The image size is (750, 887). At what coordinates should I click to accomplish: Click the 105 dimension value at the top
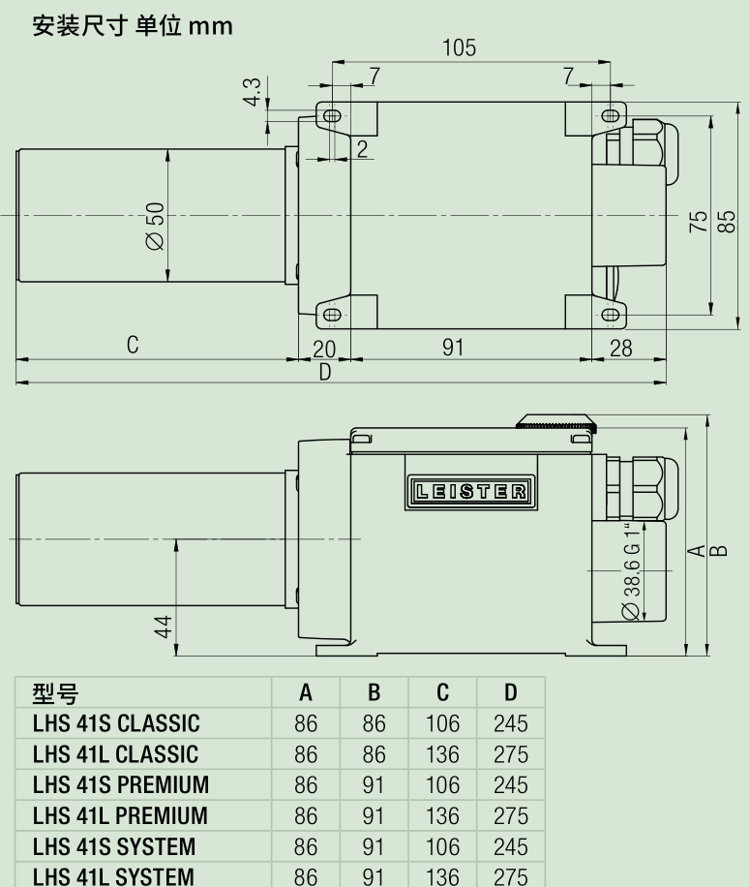click(460, 48)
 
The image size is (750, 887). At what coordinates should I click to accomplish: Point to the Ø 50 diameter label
click(155, 229)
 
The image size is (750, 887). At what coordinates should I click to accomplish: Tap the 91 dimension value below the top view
click(453, 348)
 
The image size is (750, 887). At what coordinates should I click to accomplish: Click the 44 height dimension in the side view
click(165, 627)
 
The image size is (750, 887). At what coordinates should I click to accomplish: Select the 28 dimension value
click(620, 348)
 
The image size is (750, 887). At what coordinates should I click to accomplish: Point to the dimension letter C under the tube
click(133, 346)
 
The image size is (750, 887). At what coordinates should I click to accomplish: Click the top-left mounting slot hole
click(332, 116)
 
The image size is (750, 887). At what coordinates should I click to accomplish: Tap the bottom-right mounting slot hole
click(611, 315)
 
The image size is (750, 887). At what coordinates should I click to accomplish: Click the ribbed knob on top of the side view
click(557, 422)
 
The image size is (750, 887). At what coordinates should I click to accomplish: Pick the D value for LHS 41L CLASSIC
click(510, 754)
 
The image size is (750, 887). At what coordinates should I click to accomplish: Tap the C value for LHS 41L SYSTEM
click(442, 874)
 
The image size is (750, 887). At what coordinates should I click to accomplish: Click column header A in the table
click(306, 693)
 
